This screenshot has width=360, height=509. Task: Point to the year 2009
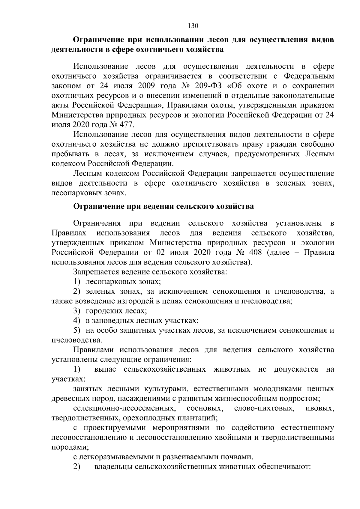(x=146, y=86)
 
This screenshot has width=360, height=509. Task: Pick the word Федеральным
(x=309, y=76)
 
